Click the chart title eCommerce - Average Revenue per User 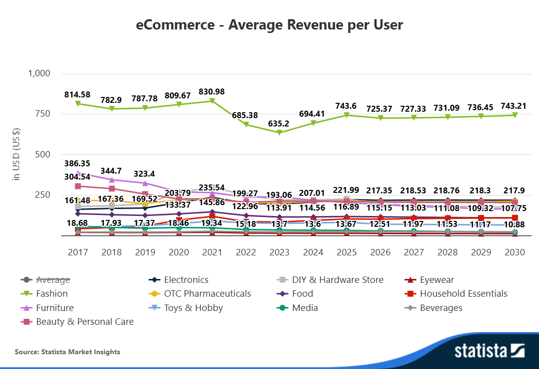click(269, 25)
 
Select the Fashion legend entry click(52, 294)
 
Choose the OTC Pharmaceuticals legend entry click(207, 294)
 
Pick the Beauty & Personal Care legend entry click(85, 322)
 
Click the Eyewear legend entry click(437, 279)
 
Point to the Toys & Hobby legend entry click(193, 308)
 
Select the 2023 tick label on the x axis click(280, 252)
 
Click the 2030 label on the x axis click(515, 252)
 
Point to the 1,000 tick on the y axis click(39, 73)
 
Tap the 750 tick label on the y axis click(43, 114)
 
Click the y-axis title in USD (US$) click(16, 154)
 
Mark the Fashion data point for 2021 click(212, 101)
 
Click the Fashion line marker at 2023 click(280, 133)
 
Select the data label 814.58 click(78, 94)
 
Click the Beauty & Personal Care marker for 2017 click(78, 186)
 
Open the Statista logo click(489, 351)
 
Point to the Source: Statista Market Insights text click(67, 352)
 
